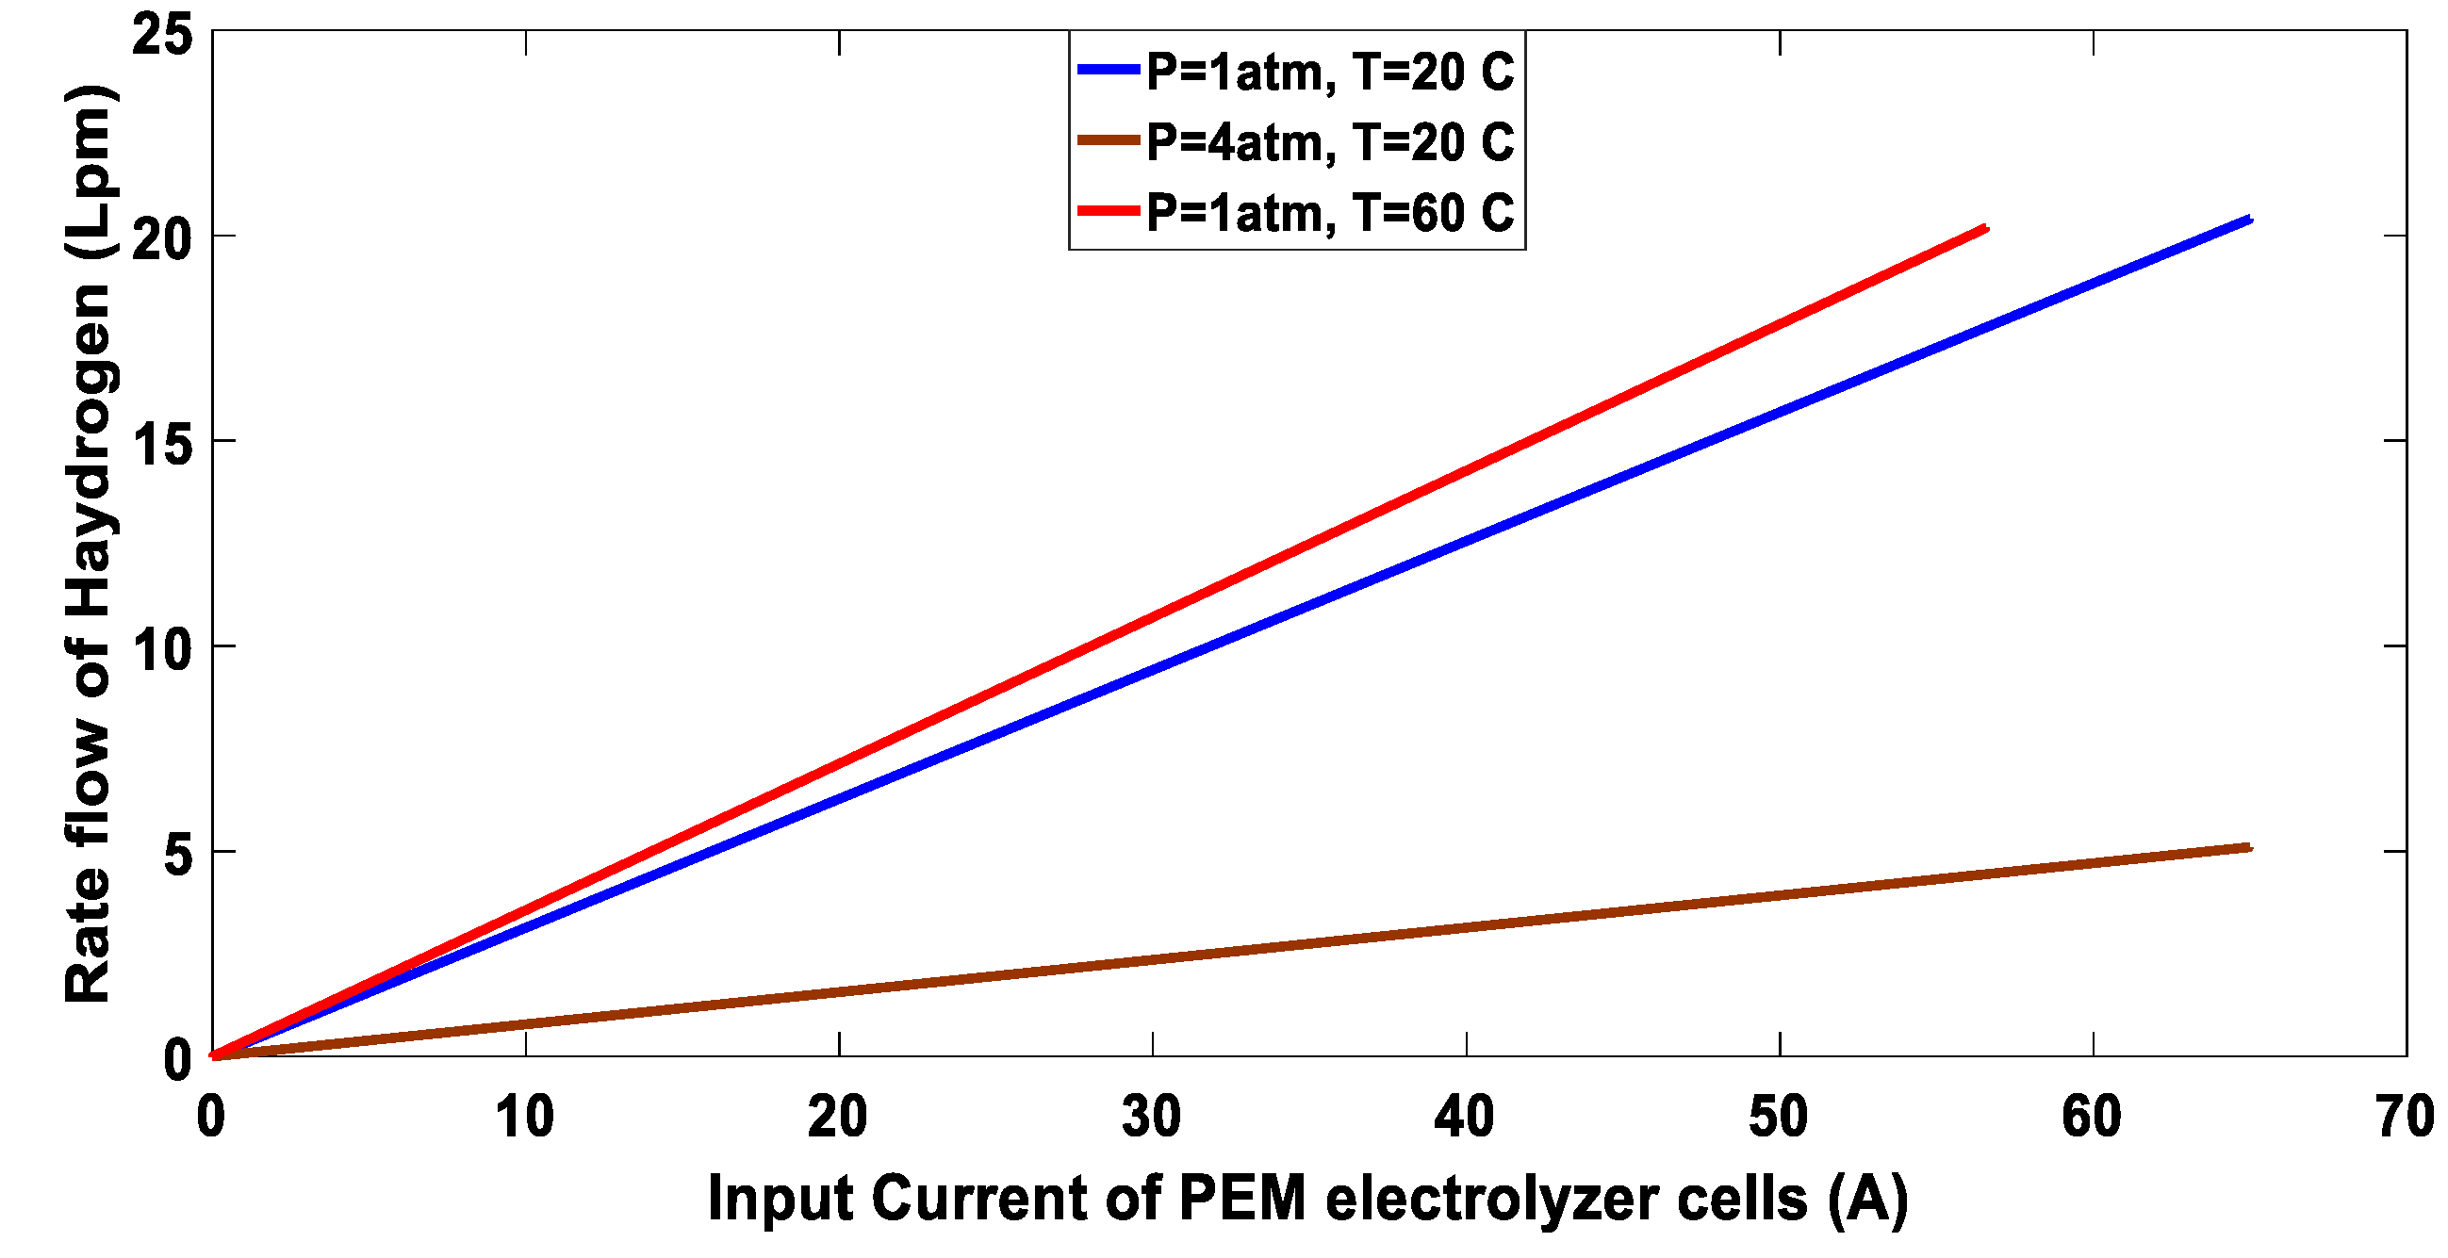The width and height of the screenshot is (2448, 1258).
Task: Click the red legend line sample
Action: tap(1109, 210)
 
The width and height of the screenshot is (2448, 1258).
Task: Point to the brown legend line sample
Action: tap(1109, 140)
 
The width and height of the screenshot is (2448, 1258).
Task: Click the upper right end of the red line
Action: tap(1984, 229)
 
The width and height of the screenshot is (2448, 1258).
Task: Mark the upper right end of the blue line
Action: tap(2248, 221)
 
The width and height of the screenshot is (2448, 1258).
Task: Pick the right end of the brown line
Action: tap(2248, 846)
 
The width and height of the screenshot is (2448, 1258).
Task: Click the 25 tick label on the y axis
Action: tap(162, 36)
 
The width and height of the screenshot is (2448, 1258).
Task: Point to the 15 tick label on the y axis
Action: tap(162, 443)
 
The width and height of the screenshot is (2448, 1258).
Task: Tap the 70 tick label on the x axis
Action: tap(2405, 1116)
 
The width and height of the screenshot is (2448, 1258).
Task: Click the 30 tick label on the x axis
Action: tap(1152, 1116)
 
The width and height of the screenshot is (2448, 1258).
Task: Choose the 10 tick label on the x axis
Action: tap(524, 1116)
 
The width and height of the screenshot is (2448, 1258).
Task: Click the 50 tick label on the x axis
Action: tap(1778, 1116)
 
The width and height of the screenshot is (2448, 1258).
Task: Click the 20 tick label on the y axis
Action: tap(162, 238)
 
